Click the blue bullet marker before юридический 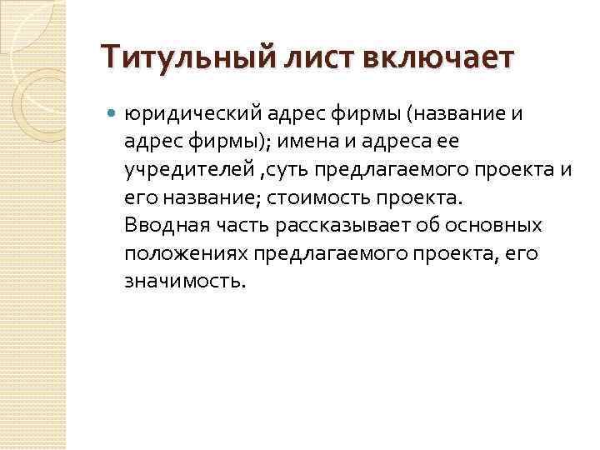coord(113,114)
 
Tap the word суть coord(288,171)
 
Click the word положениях coord(187,254)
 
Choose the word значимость coord(182,282)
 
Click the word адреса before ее coord(371,142)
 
